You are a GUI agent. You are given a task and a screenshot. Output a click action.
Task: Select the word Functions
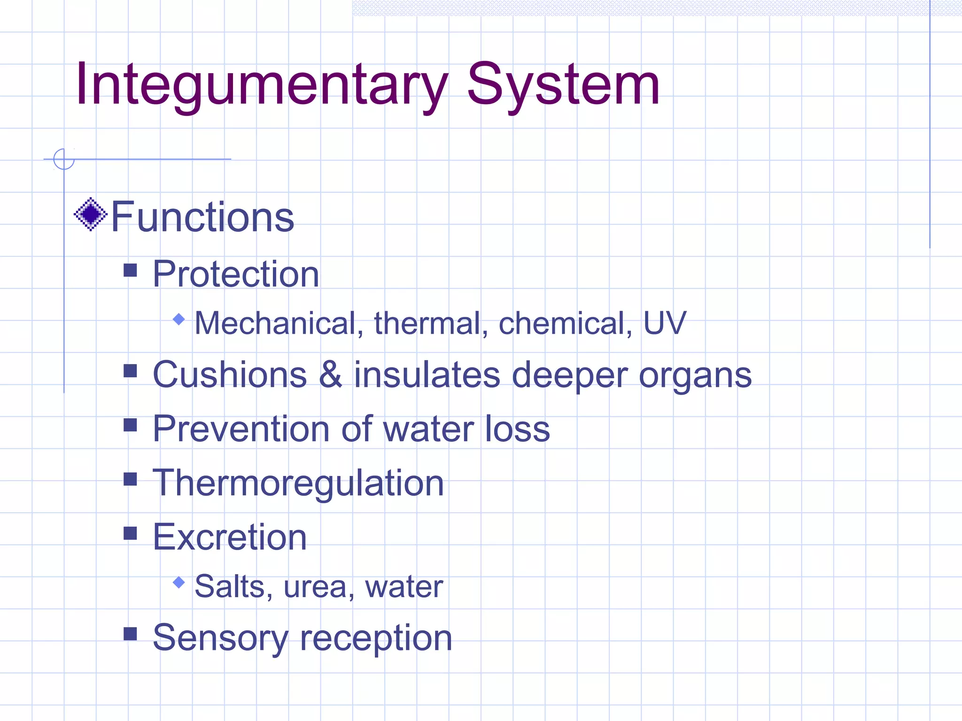pyautogui.click(x=202, y=217)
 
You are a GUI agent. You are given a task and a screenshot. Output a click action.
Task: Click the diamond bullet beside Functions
pyautogui.click(x=91, y=215)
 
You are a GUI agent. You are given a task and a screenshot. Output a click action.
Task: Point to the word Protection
pyautogui.click(x=236, y=274)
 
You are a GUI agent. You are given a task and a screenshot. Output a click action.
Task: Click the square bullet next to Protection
pyautogui.click(x=130, y=270)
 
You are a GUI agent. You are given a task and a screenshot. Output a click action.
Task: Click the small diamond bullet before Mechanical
pyautogui.click(x=179, y=320)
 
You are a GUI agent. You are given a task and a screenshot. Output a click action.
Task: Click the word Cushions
pyautogui.click(x=230, y=375)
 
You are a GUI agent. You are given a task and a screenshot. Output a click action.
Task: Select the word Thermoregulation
pyautogui.click(x=298, y=484)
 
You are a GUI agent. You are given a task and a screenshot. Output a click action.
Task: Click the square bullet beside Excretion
pyautogui.click(x=130, y=533)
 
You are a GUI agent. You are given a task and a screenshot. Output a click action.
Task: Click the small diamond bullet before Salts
pyautogui.click(x=179, y=583)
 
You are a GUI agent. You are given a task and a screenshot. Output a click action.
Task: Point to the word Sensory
pyautogui.click(x=220, y=638)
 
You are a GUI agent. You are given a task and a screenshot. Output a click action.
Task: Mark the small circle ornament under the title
pyautogui.click(x=64, y=159)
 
